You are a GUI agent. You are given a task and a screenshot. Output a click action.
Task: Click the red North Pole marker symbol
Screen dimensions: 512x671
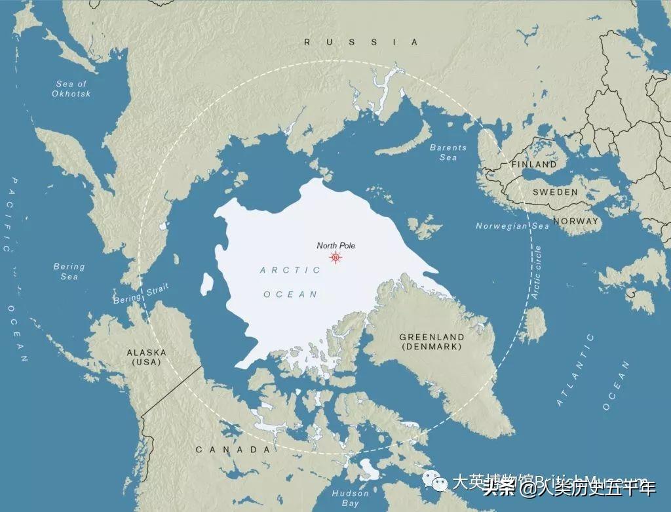click(335, 258)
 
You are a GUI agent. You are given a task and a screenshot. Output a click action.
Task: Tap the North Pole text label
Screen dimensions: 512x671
click(335, 246)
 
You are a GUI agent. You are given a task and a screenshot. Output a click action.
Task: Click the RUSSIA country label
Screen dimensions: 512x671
click(360, 42)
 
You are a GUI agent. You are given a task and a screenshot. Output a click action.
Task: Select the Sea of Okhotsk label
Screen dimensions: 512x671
click(71, 89)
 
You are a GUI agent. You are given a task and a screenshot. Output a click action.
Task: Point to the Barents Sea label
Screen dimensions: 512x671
click(448, 153)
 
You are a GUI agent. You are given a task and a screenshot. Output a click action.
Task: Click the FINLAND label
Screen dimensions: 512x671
click(534, 165)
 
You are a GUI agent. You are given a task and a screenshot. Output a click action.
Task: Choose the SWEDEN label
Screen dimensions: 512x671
click(555, 192)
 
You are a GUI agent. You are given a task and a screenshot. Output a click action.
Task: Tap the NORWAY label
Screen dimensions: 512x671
click(576, 221)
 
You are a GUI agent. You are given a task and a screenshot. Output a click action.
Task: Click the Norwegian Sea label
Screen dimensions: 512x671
click(512, 226)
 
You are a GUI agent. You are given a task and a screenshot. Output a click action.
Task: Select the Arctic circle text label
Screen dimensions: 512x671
click(537, 273)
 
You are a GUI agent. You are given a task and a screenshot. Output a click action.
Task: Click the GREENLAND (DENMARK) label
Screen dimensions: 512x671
click(432, 342)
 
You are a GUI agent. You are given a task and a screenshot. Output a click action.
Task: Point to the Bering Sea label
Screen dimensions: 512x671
click(69, 271)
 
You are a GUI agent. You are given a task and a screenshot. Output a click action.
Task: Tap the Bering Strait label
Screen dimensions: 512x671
click(141, 293)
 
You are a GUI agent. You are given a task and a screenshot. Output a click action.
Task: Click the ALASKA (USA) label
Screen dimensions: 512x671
click(146, 357)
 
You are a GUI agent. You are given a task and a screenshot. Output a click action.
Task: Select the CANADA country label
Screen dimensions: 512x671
click(233, 450)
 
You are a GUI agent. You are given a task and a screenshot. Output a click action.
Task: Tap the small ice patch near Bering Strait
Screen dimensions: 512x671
click(207, 283)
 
